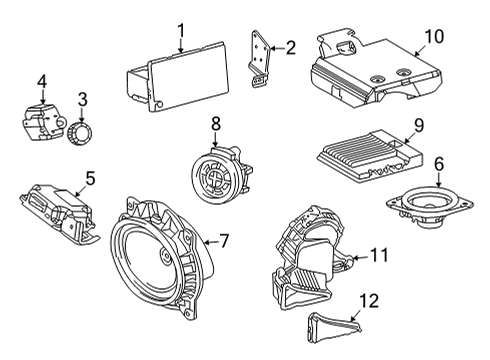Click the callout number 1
pyautogui.click(x=181, y=31)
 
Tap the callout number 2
pyautogui.click(x=291, y=46)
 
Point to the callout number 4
pyautogui.click(x=42, y=80)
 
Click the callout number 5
pyautogui.click(x=89, y=179)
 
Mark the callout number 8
pyautogui.click(x=214, y=123)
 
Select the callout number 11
pyautogui.click(x=377, y=256)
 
